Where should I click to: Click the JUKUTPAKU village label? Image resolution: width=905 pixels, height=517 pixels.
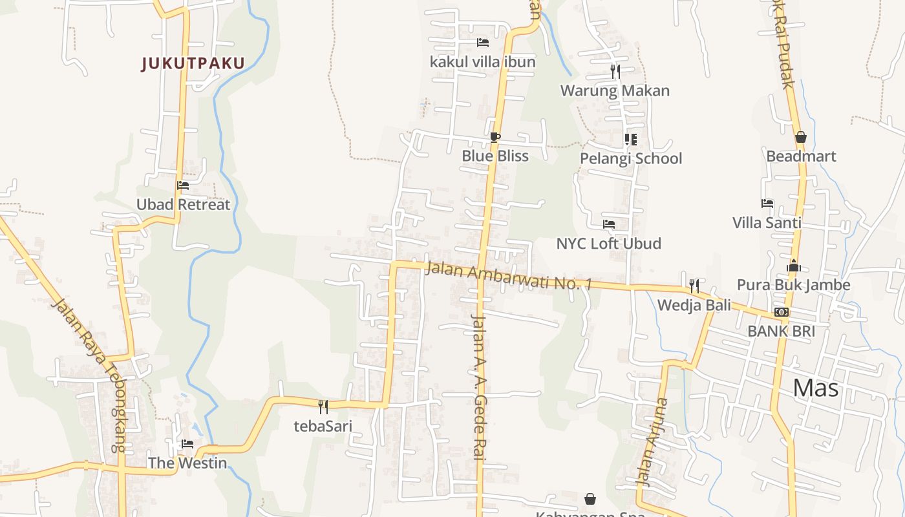point(193,63)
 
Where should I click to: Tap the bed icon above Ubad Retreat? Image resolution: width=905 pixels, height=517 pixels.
point(183,185)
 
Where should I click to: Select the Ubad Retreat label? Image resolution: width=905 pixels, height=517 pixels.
point(183,205)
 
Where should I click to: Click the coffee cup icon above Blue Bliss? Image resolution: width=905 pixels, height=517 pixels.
point(495,137)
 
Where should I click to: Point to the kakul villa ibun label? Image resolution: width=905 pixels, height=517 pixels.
point(482,62)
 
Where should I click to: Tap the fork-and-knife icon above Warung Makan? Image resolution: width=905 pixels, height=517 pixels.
point(615,72)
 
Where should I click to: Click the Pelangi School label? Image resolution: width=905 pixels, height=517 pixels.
point(630,158)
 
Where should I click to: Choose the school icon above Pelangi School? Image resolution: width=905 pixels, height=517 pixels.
point(631,140)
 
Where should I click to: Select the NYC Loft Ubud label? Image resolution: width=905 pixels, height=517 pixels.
point(608,244)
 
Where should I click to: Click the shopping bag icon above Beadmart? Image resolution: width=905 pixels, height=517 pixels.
point(800,137)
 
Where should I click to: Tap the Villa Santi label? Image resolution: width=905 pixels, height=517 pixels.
point(767,223)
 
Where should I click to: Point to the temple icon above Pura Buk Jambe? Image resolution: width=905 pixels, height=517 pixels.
point(794,266)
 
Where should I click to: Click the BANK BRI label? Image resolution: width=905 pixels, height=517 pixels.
point(781,331)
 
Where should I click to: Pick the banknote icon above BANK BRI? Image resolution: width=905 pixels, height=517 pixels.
point(782,312)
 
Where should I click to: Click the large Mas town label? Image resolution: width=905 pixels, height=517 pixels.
point(815,388)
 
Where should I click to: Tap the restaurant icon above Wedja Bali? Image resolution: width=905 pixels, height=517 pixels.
point(694,286)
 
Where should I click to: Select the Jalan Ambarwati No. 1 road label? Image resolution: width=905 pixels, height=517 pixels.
point(508,276)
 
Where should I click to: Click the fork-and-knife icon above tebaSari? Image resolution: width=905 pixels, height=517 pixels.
point(323,406)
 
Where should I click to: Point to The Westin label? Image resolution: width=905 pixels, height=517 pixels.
point(187,463)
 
